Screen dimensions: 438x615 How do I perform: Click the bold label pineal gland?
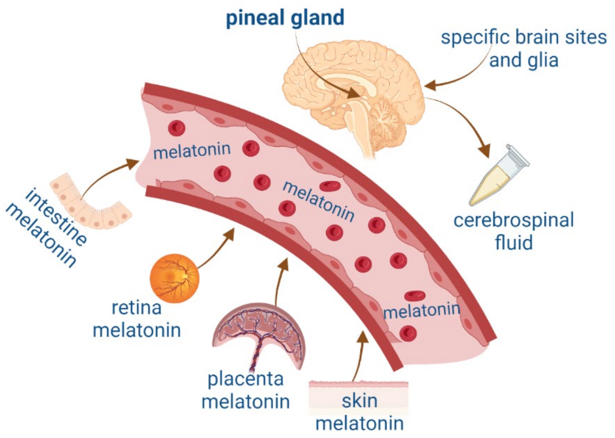[x=285, y=18]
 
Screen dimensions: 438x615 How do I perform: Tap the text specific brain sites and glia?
[x=524, y=49]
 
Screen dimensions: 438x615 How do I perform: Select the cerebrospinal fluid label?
[x=514, y=231]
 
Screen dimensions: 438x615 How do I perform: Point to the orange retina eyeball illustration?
[x=174, y=278]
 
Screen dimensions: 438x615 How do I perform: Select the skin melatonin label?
[x=359, y=412]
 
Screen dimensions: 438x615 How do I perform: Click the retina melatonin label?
[x=137, y=319]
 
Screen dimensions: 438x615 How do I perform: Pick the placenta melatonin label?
[x=245, y=390]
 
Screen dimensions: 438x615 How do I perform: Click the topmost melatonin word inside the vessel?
[x=192, y=151]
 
